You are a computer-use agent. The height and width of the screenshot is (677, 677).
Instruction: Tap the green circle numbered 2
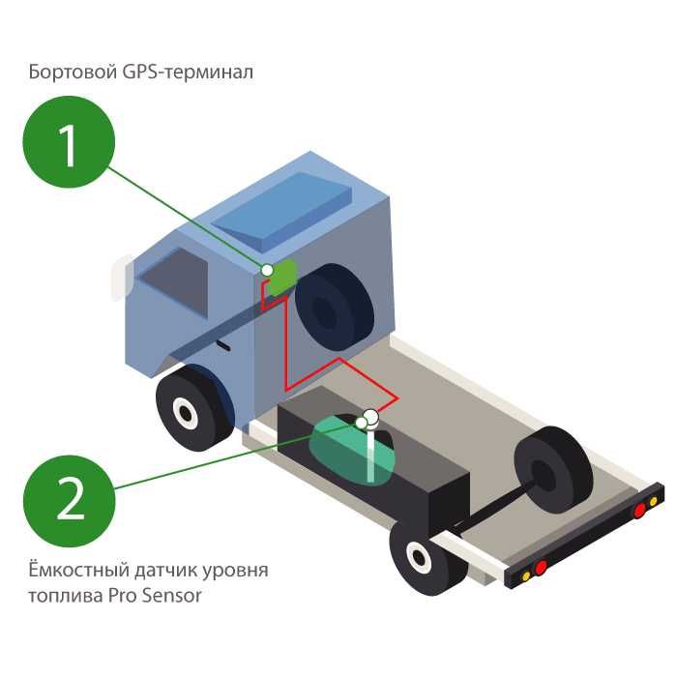pyautogui.click(x=69, y=500)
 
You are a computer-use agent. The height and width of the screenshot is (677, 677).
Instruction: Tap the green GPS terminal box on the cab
pyautogui.click(x=281, y=277)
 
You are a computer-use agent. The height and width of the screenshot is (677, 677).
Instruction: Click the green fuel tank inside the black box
pyautogui.click(x=343, y=450)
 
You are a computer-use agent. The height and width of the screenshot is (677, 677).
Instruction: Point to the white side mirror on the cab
pyautogui.click(x=119, y=276)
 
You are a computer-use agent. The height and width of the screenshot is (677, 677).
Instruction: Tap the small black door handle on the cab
pyautogui.click(x=223, y=343)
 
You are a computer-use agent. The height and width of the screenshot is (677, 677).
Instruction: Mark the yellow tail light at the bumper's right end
pyautogui.click(x=654, y=501)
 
